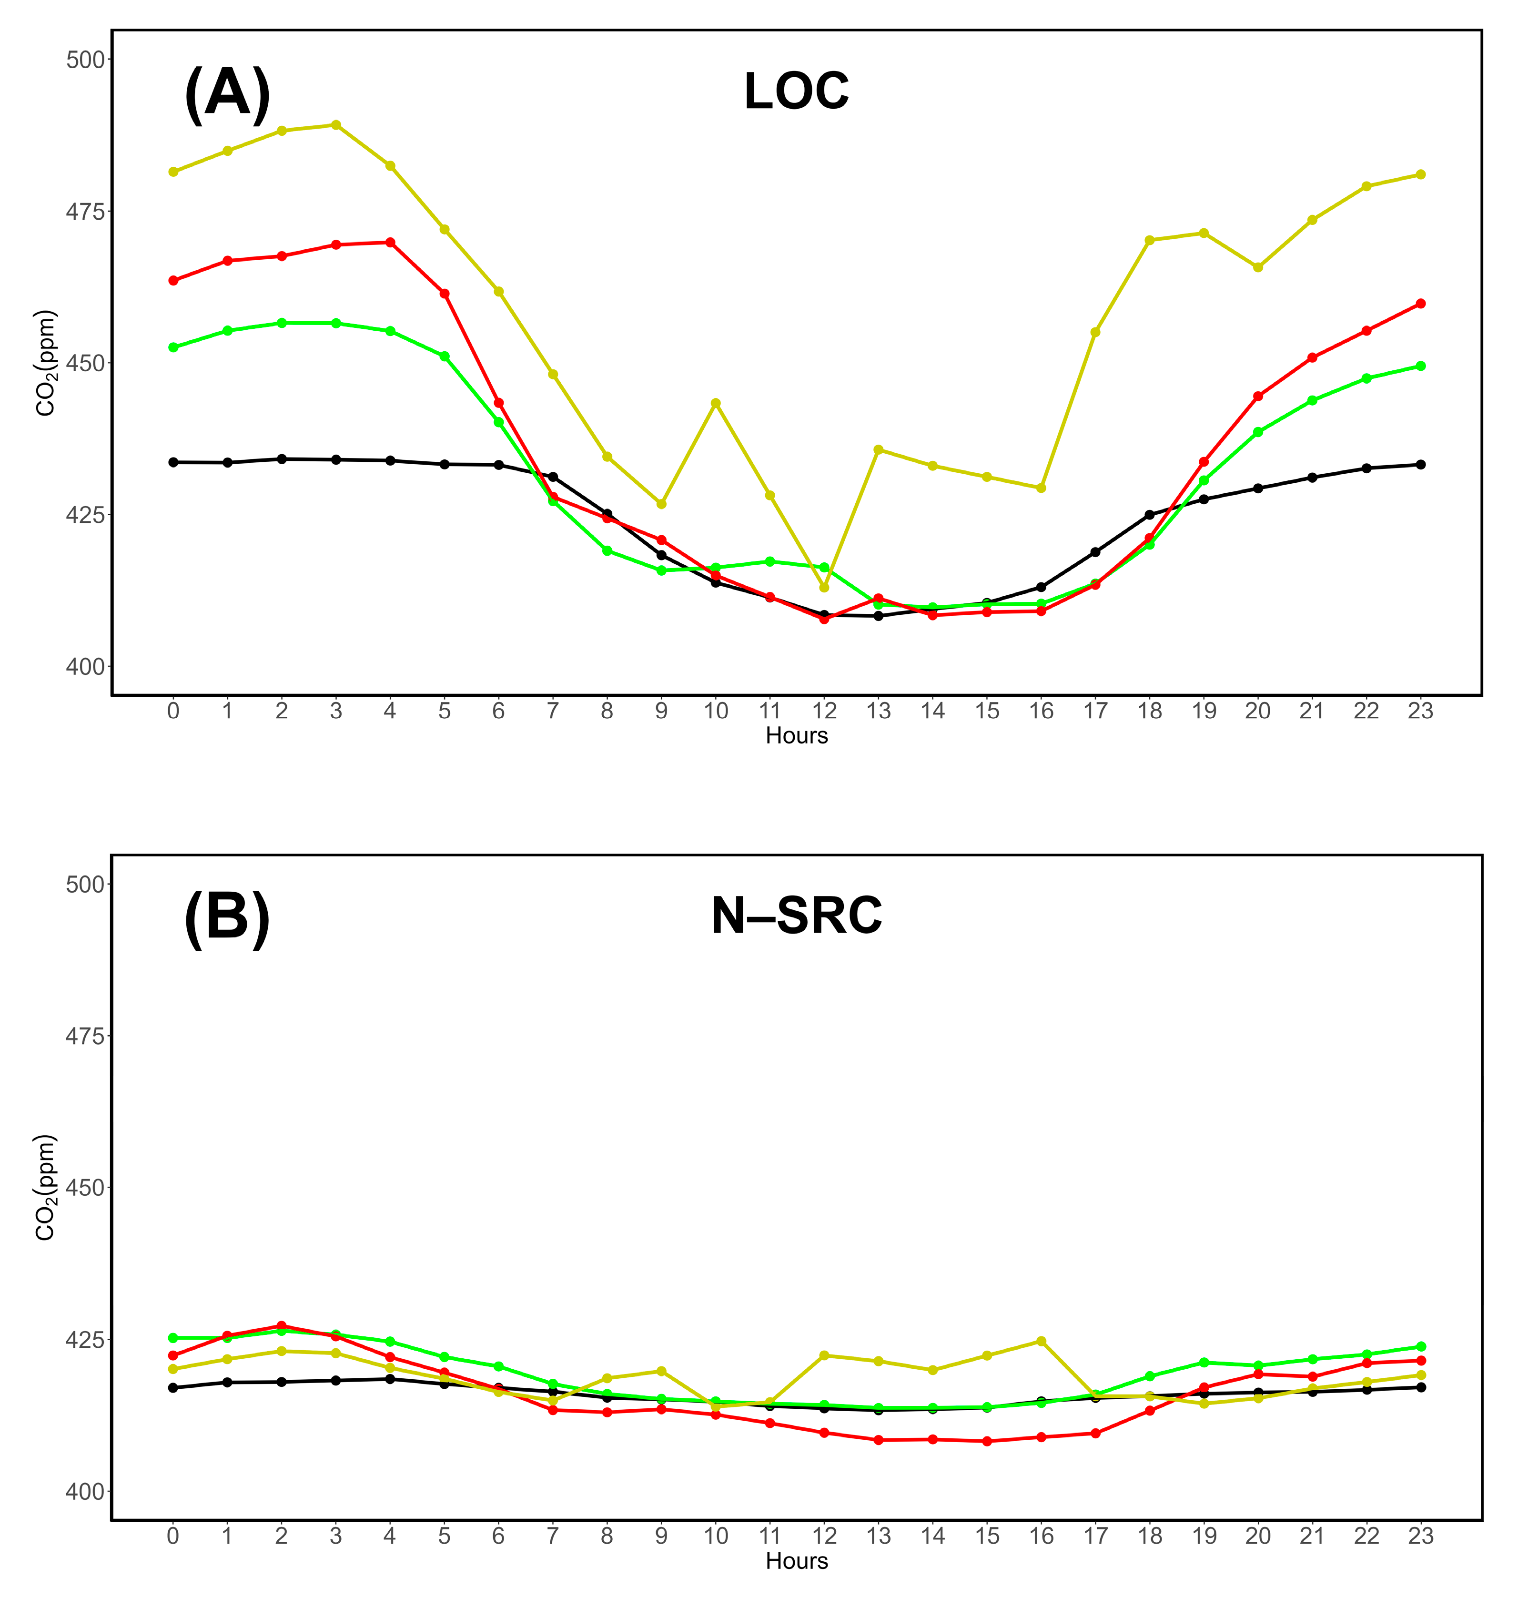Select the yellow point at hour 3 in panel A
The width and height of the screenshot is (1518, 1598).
click(x=336, y=125)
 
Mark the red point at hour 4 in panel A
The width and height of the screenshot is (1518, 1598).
click(x=390, y=242)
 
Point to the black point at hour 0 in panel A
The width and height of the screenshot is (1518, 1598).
click(x=173, y=462)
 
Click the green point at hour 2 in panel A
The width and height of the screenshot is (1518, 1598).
click(x=282, y=323)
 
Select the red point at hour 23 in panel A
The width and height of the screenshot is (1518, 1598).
click(x=1421, y=304)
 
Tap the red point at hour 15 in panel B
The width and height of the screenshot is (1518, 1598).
click(x=987, y=1441)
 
